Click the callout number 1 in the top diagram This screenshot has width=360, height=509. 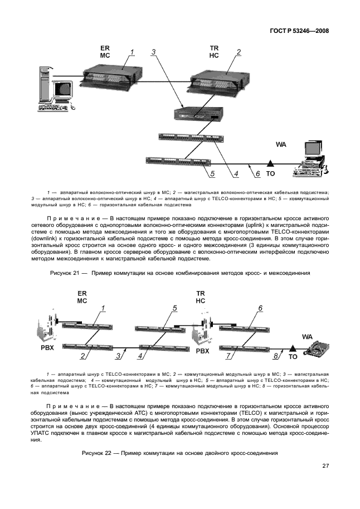click(x=132, y=52)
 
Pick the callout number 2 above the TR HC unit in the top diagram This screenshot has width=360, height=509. click(x=239, y=52)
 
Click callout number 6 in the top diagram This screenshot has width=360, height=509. click(x=257, y=174)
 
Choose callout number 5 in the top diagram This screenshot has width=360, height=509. click(x=212, y=174)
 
